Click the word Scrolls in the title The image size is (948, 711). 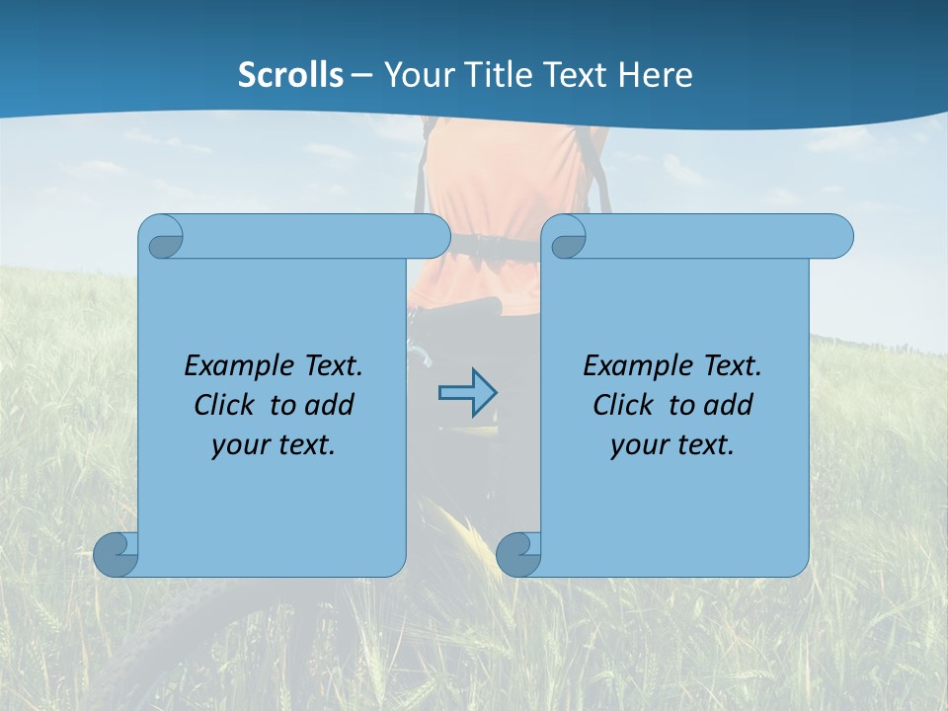291,75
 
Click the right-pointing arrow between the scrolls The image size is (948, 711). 467,393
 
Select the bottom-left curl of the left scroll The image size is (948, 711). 114,555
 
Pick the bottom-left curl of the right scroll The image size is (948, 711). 516,555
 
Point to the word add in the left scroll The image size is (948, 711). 329,405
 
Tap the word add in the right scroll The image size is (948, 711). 728,405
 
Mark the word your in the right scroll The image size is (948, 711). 636,445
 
